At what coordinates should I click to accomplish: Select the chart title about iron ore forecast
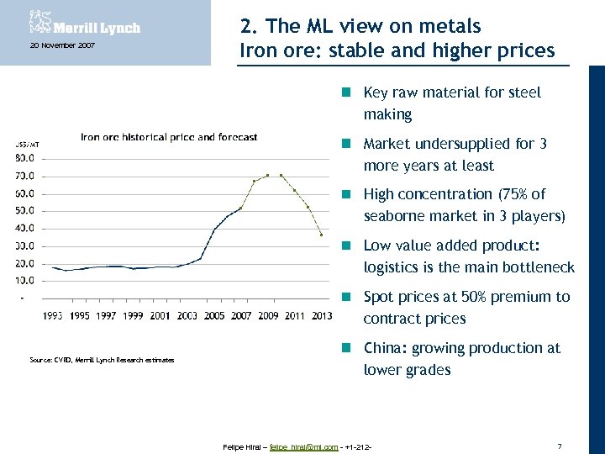[x=168, y=137]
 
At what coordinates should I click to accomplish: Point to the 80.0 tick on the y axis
[x=24, y=158]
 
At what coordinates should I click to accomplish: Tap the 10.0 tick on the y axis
[x=24, y=281]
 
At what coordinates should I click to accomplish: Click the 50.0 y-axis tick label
[x=24, y=211]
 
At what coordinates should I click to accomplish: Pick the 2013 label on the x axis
[x=320, y=316]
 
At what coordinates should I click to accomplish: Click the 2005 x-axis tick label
[x=214, y=316]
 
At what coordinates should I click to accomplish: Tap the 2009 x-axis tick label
[x=267, y=316]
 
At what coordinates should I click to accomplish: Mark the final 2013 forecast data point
[x=321, y=235]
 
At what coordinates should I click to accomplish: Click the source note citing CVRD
[x=102, y=360]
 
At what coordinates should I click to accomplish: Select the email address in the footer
[x=303, y=446]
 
